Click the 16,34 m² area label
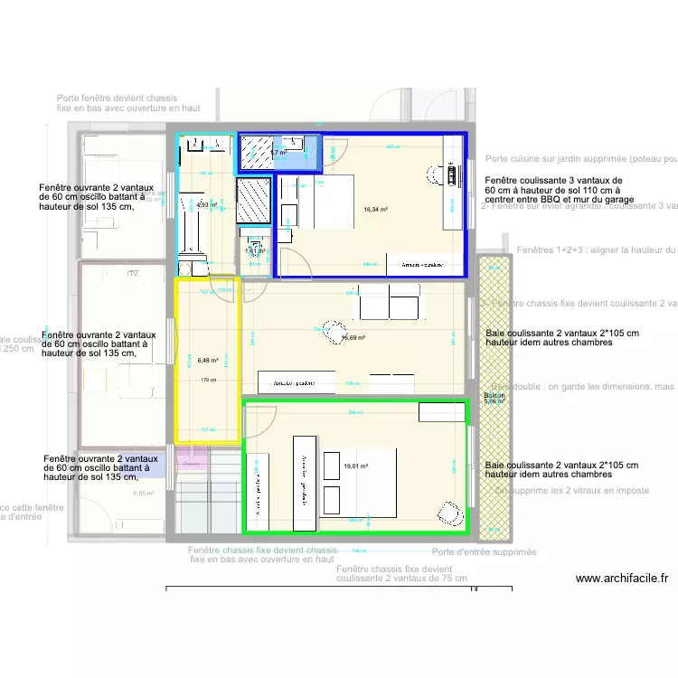[375, 210]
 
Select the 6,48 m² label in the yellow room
[208, 360]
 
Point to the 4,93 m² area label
[207, 205]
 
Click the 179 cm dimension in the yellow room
[208, 380]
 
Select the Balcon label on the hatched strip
[494, 396]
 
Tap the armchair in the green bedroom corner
[447, 512]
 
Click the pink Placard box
[191, 464]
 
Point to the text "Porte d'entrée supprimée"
[484, 551]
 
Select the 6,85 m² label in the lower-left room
[144, 493]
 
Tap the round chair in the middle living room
[334, 332]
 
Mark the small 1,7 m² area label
[278, 154]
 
